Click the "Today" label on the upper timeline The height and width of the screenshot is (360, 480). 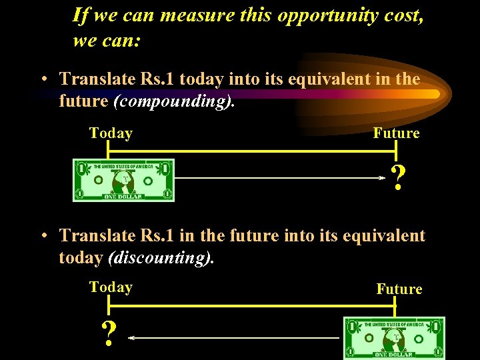pos(111,133)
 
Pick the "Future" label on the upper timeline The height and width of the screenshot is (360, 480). pos(396,133)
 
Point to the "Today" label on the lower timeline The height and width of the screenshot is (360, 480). pos(111,287)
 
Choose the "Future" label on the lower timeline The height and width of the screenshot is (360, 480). pos(399,289)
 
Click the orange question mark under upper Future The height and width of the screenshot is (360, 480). pos(398,179)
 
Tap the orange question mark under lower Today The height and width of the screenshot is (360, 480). pos(107,333)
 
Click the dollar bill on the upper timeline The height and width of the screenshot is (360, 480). pos(123,180)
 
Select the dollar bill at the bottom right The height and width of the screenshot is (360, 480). pos(394,338)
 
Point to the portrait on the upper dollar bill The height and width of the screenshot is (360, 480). pos(123,181)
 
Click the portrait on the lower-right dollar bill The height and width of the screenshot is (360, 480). pos(394,338)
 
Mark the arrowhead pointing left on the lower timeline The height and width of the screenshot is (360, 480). pos(131,338)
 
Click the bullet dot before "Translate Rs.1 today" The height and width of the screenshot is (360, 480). pos(42,80)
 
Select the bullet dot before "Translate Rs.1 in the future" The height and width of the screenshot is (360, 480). pos(42,236)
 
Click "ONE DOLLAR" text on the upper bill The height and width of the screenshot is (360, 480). pos(123,197)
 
